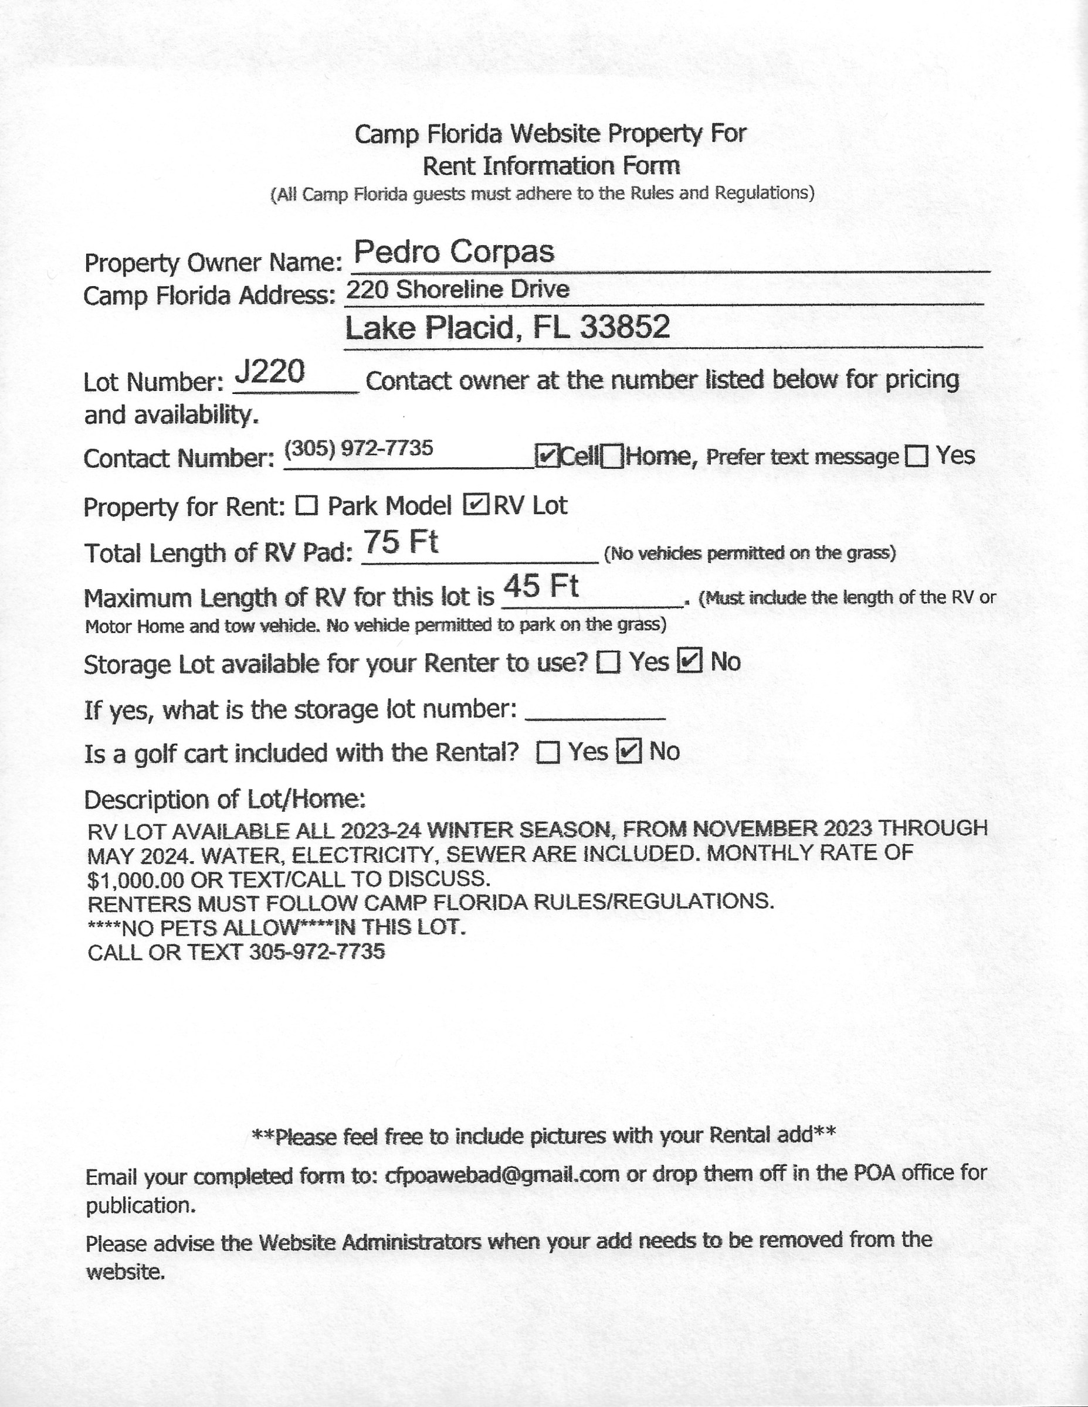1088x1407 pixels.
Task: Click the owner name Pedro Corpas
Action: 454,252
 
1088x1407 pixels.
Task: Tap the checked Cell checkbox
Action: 547,456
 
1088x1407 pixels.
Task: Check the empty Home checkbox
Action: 612,457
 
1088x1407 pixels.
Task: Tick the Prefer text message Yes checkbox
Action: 917,457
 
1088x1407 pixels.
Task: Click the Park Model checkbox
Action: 307,506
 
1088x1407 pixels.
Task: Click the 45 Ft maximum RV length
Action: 541,586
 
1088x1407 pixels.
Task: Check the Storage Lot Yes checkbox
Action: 608,662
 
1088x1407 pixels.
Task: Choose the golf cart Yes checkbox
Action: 548,752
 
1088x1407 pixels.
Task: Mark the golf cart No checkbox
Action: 629,751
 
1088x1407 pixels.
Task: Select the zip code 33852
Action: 625,327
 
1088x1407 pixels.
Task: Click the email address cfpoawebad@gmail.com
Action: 502,1174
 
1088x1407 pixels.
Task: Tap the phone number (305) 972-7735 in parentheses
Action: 358,447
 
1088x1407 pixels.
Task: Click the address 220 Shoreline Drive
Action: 457,289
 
